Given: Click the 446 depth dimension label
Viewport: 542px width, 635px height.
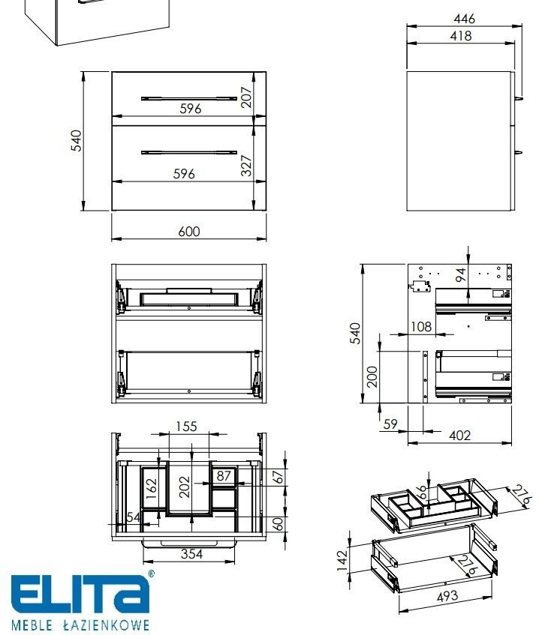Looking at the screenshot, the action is pyautogui.click(x=464, y=19).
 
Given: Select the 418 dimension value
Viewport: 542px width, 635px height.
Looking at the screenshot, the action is pyautogui.click(x=461, y=36).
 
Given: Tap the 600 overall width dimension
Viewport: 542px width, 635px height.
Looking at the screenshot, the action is pyautogui.click(x=189, y=232).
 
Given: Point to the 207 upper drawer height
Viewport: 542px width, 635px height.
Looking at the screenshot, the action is pyautogui.click(x=246, y=97).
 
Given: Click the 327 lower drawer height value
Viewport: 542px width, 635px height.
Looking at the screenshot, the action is pyautogui.click(x=246, y=166).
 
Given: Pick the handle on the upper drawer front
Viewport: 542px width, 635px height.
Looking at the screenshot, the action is pyautogui.click(x=189, y=98).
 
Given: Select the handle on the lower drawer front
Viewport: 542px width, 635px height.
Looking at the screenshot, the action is pyautogui.click(x=189, y=153).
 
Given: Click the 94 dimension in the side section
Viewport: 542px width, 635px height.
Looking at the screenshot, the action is pyautogui.click(x=460, y=275).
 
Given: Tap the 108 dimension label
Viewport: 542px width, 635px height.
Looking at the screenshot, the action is pyautogui.click(x=421, y=326).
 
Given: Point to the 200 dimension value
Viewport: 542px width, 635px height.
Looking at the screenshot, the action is pyautogui.click(x=372, y=376).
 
